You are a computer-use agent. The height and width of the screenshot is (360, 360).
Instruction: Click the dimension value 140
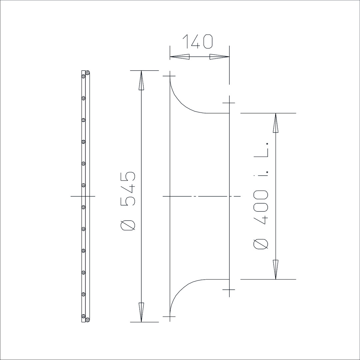point(197,41)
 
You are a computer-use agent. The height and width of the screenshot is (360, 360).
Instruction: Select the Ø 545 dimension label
point(128,201)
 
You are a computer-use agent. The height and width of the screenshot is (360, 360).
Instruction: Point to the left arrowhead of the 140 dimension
point(180,57)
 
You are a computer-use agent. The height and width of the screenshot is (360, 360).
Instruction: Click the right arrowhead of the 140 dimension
point(219,57)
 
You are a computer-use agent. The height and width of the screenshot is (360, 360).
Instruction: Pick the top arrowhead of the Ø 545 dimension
point(141,80)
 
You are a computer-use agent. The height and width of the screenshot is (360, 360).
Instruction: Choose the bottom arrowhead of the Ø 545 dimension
point(141,312)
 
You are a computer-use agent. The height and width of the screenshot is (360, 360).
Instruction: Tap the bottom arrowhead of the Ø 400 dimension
point(276,270)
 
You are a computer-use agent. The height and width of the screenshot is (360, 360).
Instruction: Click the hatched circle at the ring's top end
point(87,73)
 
